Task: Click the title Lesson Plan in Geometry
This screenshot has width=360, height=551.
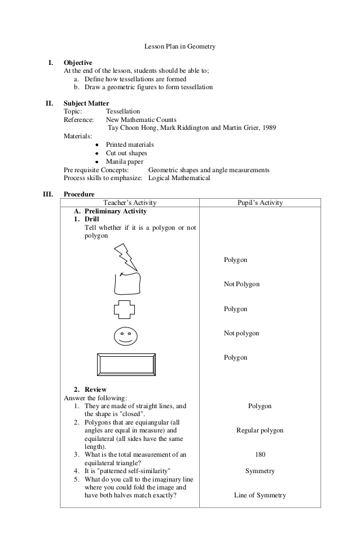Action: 179,46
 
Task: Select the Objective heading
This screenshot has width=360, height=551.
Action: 78,63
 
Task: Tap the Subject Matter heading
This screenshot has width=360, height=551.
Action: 86,103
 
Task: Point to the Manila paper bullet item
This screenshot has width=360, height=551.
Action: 125,161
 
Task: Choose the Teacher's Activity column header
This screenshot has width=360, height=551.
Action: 130,203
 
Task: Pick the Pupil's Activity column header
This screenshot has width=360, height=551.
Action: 260,203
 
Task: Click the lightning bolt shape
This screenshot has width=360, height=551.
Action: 125,256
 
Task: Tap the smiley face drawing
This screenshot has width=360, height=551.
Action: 125,336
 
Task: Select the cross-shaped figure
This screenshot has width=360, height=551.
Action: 125,309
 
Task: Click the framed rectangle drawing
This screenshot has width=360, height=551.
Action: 126,364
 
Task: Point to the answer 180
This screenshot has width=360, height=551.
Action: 260,454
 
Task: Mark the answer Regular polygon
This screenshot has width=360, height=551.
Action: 260,430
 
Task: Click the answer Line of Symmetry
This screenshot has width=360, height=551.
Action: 260,495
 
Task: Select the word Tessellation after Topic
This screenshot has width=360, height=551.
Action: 123,112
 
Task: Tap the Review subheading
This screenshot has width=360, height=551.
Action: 95,390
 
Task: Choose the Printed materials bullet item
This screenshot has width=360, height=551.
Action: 130,145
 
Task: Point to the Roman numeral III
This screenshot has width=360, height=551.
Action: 49,194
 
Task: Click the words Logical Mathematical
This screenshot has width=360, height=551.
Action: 179,178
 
